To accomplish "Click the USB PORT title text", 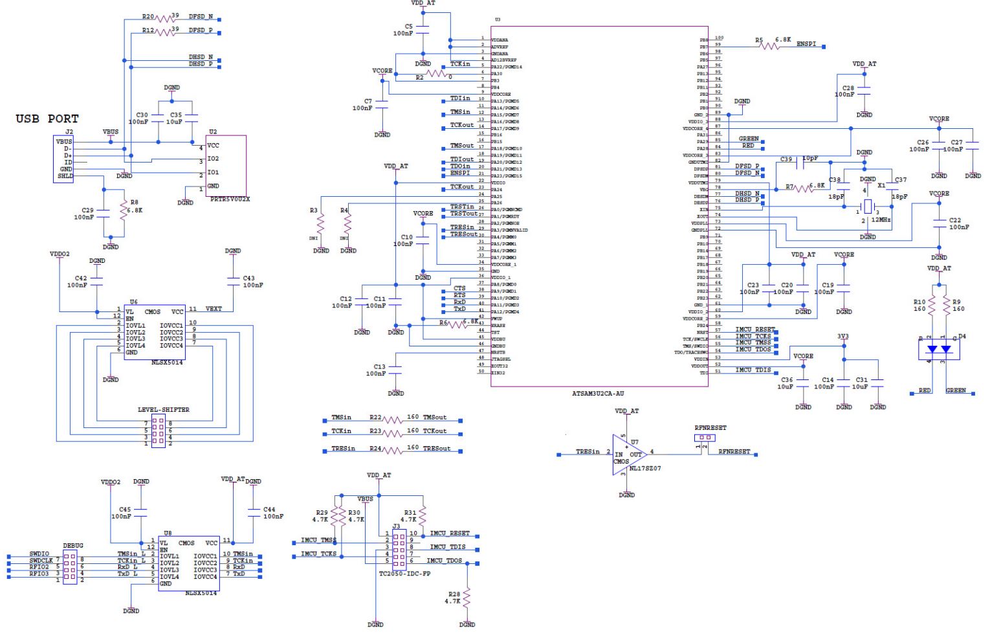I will [47, 119].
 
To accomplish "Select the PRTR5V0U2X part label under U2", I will [230, 199].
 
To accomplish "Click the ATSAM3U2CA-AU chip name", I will [598, 393].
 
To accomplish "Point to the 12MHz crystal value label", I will [881, 220].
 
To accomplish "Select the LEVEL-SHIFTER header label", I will [164, 410].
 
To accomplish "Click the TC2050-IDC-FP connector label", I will [405, 574].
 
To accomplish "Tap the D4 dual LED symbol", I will [939, 350].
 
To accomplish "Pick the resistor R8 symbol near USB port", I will [123, 210].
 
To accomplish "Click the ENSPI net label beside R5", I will [806, 44].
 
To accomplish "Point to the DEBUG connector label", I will [72, 546].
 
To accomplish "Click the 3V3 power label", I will [843, 337].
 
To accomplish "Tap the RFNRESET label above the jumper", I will [710, 428].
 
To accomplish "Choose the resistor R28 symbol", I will [467, 598].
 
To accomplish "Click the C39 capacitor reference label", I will [786, 159].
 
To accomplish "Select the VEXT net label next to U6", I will [214, 309].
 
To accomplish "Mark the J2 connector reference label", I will [69, 132].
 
